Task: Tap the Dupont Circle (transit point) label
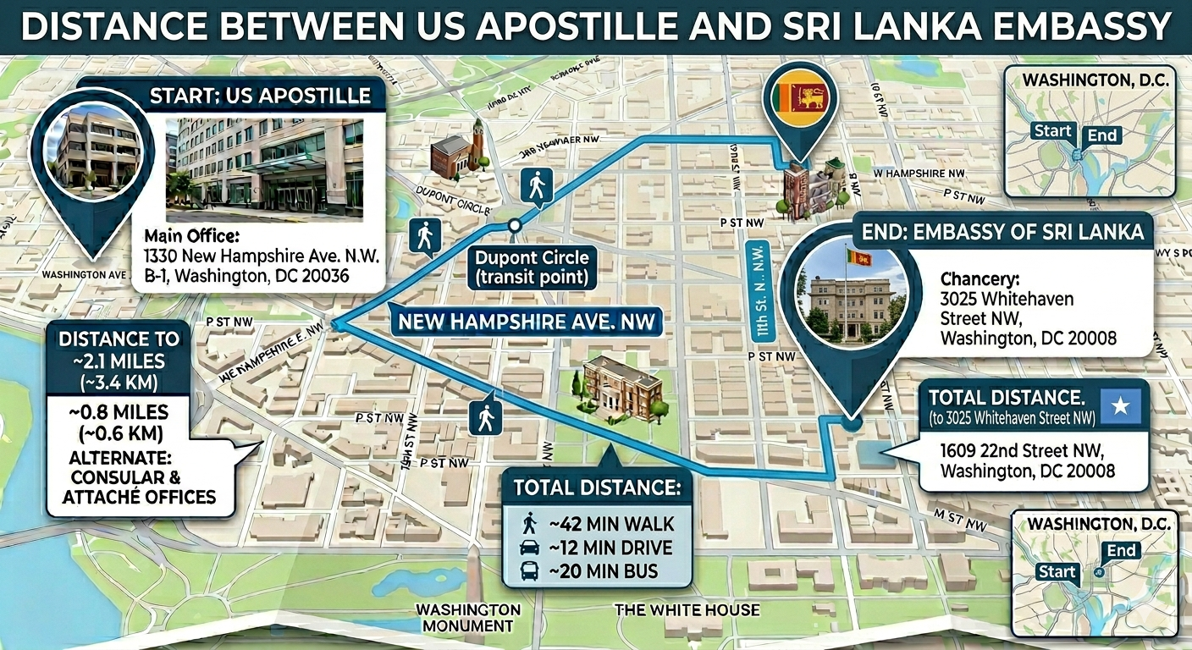pyautogui.click(x=531, y=267)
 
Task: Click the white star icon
pyautogui.click(x=1119, y=406)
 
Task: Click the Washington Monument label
pyautogui.click(x=467, y=618)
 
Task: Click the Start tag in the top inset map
pyautogui.click(x=1052, y=131)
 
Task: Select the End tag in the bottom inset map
pyautogui.click(x=1122, y=552)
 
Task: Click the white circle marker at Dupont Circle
pyautogui.click(x=514, y=225)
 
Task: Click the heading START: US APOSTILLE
pyautogui.click(x=260, y=95)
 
